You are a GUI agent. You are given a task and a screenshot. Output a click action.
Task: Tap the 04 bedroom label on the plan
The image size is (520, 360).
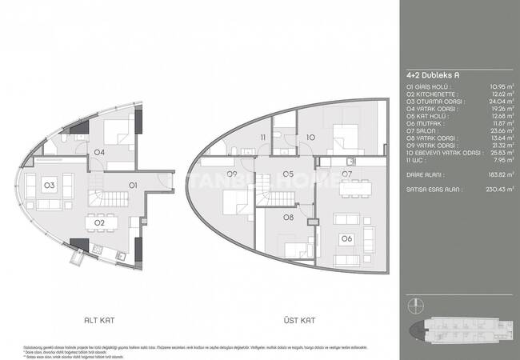tap(99, 151)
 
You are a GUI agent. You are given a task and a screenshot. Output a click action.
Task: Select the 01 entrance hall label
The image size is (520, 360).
tap(134, 185)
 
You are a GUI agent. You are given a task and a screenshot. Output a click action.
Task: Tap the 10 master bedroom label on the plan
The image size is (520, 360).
tap(310, 138)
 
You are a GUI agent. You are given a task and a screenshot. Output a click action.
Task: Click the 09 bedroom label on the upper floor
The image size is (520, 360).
tap(232, 174)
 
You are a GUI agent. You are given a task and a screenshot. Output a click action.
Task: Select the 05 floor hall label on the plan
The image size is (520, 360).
tap(288, 174)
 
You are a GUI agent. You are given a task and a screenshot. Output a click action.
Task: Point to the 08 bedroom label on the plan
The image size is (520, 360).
tap(288, 216)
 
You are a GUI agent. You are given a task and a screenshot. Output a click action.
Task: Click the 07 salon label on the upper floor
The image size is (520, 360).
tap(347, 174)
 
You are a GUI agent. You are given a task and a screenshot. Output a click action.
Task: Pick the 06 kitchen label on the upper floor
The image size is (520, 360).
tap(347, 238)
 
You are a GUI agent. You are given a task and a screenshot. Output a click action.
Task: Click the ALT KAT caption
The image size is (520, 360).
tap(100, 319)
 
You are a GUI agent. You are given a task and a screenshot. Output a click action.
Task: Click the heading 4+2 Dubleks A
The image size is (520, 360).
tap(430, 76)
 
